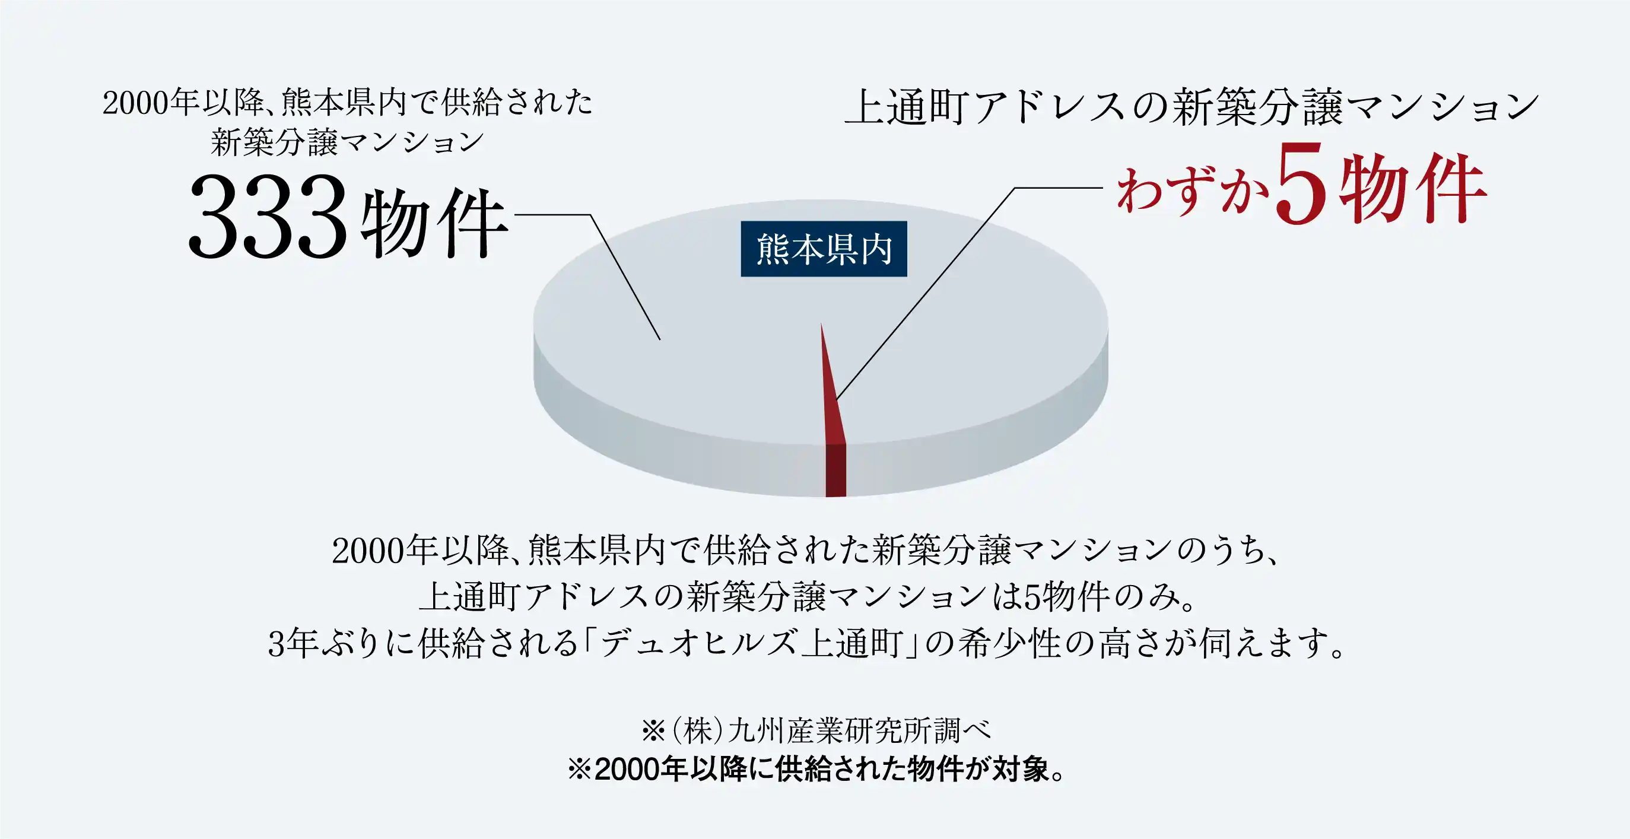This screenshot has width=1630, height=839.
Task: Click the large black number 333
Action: (x=268, y=217)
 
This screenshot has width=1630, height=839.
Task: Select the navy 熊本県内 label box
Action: (x=824, y=249)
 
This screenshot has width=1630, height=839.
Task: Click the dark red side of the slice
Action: (x=836, y=471)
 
